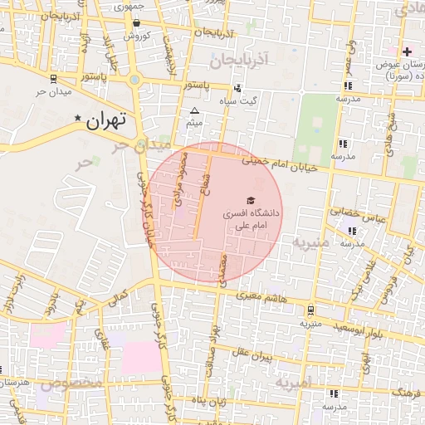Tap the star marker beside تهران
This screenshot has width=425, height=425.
[x=79, y=119]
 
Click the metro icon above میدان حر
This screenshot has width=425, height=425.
[x=52, y=79]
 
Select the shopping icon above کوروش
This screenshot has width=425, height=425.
[x=136, y=23]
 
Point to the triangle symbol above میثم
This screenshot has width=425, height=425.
[x=194, y=110]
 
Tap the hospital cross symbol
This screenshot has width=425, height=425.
[x=407, y=51]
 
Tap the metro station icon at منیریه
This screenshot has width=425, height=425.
[x=310, y=310]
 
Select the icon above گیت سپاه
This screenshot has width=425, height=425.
[x=238, y=88]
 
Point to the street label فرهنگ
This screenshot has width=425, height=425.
[x=407, y=391]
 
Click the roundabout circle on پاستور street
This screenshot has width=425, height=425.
[x=134, y=81]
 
